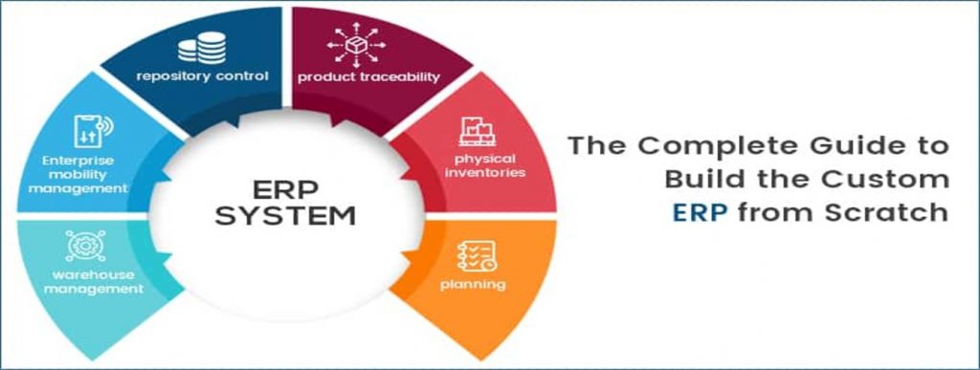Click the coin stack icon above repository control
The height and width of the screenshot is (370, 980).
(x=202, y=48)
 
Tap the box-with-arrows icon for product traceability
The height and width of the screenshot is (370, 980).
(x=356, y=44)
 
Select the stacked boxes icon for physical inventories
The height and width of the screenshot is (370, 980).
(x=477, y=131)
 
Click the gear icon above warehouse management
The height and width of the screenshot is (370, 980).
(x=85, y=246)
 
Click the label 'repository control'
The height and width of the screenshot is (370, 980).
(x=203, y=76)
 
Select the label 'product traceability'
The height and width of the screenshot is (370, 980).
(x=368, y=77)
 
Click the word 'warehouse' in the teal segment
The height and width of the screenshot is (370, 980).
(x=84, y=275)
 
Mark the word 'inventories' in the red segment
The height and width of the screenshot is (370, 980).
(x=485, y=171)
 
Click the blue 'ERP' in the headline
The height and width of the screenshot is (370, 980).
(x=700, y=212)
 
